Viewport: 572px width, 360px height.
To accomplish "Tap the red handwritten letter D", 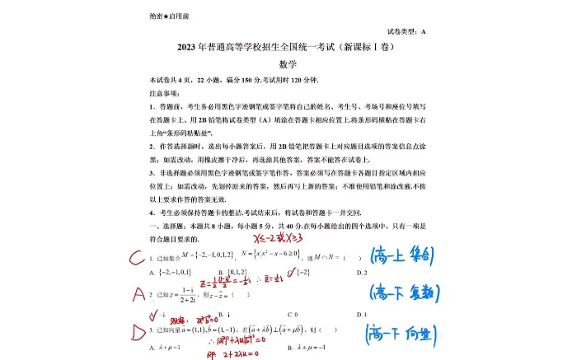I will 138,332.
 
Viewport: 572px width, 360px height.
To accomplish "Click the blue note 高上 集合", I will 403,256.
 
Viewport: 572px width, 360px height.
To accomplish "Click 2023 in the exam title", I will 192,48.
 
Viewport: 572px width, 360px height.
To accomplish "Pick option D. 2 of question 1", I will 361,272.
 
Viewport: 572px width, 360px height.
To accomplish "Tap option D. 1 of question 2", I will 361,315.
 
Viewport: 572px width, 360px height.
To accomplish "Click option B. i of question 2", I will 223,315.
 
